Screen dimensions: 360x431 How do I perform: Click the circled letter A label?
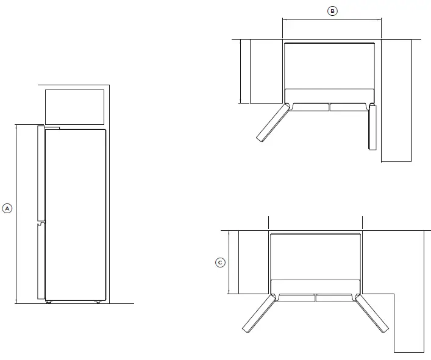(8, 208)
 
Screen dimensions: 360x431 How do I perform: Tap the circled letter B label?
(332, 10)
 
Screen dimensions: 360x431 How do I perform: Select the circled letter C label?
(221, 263)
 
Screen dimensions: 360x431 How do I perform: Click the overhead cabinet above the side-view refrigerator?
(74, 107)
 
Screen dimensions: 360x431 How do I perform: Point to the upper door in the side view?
(41, 174)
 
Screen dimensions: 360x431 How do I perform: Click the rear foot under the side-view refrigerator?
(97, 302)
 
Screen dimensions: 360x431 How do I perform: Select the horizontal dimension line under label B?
(332, 19)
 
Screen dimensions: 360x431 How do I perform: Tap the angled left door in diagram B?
(272, 123)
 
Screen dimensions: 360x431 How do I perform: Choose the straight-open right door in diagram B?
(373, 127)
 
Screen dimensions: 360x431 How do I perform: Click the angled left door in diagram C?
(258, 314)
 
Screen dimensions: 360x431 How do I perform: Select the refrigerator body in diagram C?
(316, 256)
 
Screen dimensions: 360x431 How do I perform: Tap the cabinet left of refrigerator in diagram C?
(254, 262)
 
